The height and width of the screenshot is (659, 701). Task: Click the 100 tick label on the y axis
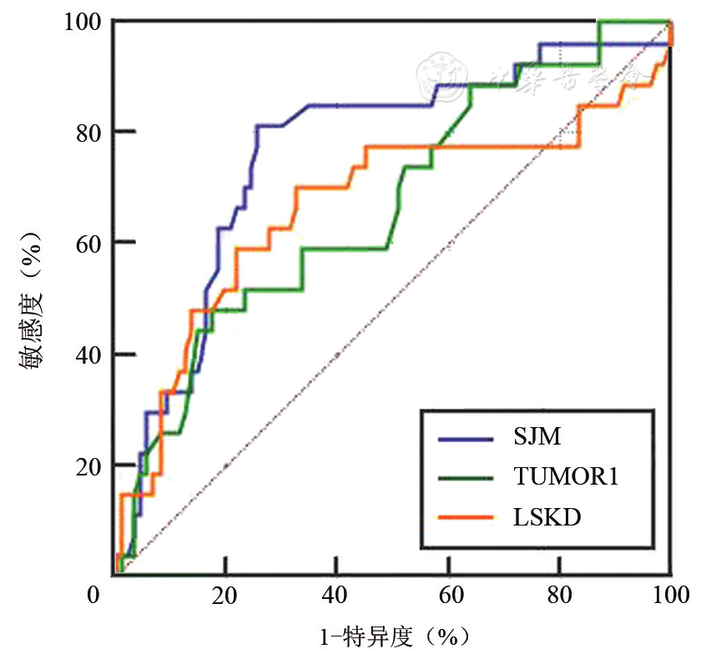83,20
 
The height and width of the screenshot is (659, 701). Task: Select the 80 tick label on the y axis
88,132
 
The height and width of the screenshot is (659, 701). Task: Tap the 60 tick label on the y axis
88,243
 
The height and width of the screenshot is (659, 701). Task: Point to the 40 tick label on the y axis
88,355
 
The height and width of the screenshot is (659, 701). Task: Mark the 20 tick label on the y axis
88,465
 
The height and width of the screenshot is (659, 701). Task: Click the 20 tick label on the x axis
225,597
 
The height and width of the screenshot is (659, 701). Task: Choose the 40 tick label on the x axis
336,597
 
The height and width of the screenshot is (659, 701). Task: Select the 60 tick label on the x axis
448,597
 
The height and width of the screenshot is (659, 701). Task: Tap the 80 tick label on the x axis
560,597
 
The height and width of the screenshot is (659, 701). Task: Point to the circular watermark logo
437,75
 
